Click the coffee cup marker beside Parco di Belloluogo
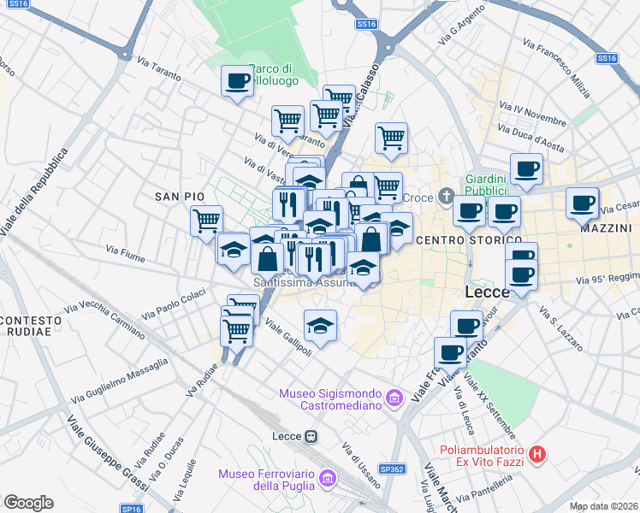pos(238,82)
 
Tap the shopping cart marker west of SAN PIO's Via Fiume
pos(206,221)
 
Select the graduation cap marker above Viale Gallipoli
pos(320,326)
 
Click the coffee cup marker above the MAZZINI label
pos(583,203)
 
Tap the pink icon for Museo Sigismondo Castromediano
pos(394,398)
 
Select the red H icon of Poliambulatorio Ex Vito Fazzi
pos(537,455)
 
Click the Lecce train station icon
pos(311,436)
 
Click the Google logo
pos(28,503)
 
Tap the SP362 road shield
pos(392,469)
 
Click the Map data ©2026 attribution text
pos(603,506)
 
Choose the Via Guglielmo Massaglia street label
pos(120,381)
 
